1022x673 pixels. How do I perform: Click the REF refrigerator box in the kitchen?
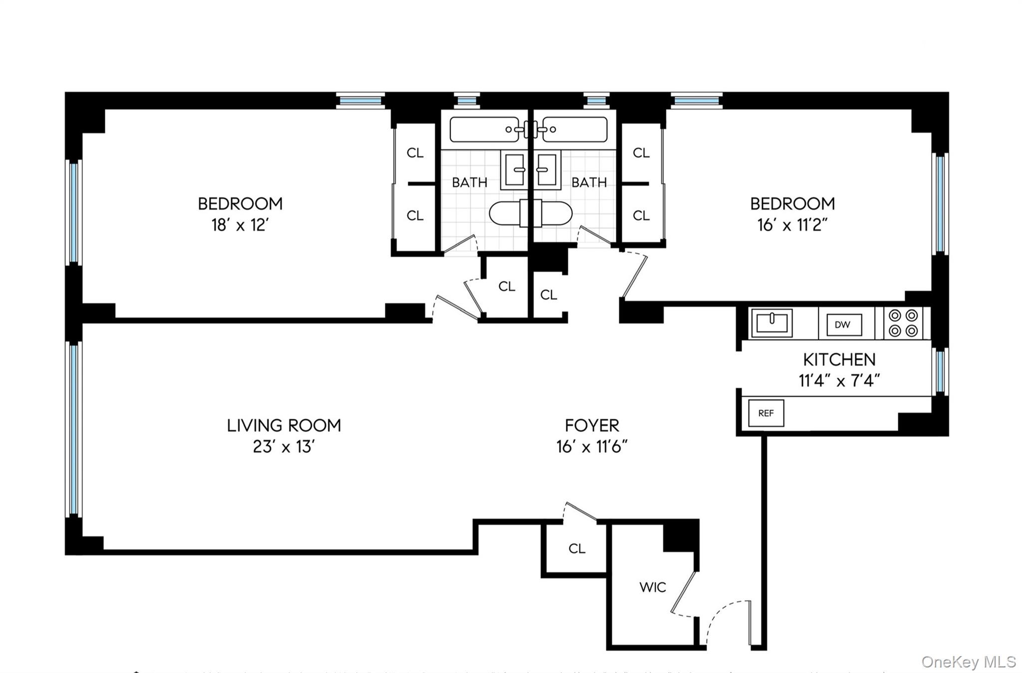(766, 413)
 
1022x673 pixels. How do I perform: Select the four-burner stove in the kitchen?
(903, 323)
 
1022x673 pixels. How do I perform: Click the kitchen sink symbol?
(771, 323)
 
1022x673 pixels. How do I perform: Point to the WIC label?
(652, 587)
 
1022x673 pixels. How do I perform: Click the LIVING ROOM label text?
(284, 425)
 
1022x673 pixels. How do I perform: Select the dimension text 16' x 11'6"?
(592, 447)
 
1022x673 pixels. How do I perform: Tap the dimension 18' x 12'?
(240, 225)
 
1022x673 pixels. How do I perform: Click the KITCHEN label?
(839, 359)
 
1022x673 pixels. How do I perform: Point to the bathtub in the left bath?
(484, 130)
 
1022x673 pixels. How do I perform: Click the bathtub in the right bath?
(575, 130)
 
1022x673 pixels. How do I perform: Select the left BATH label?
(469, 182)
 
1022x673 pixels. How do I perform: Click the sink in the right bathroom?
(547, 170)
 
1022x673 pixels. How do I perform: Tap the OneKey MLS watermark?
(968, 662)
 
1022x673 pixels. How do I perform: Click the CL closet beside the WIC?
(576, 548)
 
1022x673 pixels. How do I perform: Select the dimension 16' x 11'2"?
(792, 225)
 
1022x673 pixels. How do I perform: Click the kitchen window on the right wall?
(940, 370)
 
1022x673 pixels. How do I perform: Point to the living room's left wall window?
(74, 429)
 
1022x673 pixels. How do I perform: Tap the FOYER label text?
(592, 425)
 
